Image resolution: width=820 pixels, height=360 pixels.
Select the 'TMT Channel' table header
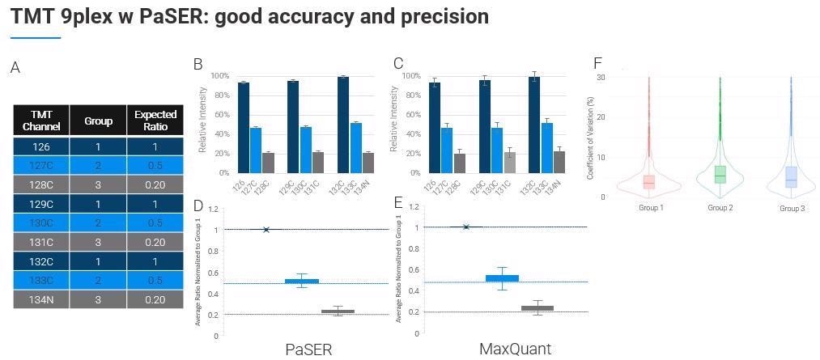coord(40,121)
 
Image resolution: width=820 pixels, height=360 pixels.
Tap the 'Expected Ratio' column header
coord(155,121)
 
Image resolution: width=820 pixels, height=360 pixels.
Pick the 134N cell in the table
coord(40,299)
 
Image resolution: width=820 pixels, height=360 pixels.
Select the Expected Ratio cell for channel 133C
coord(155,280)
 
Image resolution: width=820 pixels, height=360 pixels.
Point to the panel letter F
coord(597,63)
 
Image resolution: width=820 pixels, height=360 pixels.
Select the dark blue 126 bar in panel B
coord(243,127)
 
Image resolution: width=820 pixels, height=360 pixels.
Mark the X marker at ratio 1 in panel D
coord(266,230)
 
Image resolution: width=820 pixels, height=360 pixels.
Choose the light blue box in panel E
coord(502,278)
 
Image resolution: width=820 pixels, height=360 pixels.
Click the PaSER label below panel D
coord(308,349)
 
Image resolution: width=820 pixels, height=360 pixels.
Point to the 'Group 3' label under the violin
coord(792,208)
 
